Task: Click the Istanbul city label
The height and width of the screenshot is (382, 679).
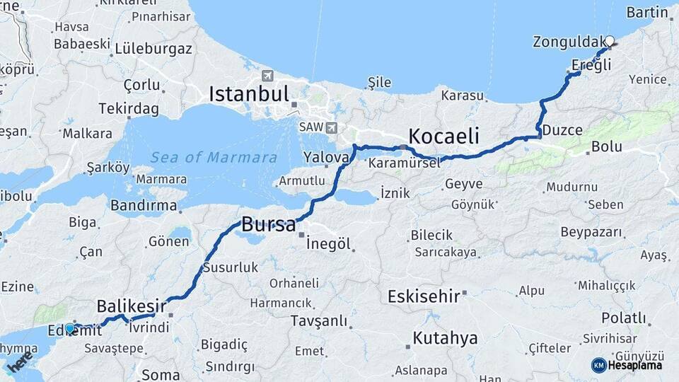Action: [248, 93]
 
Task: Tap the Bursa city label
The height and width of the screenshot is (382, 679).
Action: [269, 225]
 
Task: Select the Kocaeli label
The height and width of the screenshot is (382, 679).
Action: [443, 136]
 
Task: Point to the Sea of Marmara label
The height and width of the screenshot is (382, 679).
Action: [214, 157]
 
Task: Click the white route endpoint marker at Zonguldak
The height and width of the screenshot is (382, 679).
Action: [609, 41]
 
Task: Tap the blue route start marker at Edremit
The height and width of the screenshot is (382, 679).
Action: [70, 328]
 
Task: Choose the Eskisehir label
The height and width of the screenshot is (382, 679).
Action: [424, 296]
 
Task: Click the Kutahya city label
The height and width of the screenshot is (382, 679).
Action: [445, 338]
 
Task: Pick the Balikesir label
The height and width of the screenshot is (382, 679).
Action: [131, 306]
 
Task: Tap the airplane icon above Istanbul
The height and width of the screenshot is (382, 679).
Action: [267, 76]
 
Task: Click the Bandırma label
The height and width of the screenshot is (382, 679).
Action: [144, 205]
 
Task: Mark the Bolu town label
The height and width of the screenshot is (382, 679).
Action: [607, 146]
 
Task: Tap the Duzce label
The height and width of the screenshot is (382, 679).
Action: [562, 130]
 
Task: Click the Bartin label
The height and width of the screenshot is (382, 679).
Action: [647, 12]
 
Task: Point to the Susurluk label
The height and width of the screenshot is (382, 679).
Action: [231, 267]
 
